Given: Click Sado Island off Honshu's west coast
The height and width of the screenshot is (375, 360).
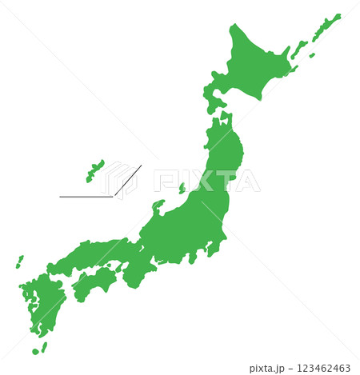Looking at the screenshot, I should tap(182, 189).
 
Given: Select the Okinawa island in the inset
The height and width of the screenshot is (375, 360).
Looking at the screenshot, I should tap(95, 170).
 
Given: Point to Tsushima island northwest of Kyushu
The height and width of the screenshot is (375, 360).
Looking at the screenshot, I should tap(18, 261).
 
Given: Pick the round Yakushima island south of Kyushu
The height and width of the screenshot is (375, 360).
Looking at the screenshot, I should tap(35, 351).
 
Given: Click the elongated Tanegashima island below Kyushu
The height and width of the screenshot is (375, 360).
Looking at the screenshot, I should tap(44, 346).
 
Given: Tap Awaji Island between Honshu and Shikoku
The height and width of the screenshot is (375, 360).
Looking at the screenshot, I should tap(119, 270).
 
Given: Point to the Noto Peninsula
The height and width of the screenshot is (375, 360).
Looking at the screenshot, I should tap(158, 205).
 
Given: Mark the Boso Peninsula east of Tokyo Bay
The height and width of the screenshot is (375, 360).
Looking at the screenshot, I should tap(214, 249).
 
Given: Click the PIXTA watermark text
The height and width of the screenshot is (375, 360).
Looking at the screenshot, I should tap(206, 181).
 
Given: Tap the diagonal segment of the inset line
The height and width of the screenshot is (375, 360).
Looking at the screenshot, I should tap(128, 180).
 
